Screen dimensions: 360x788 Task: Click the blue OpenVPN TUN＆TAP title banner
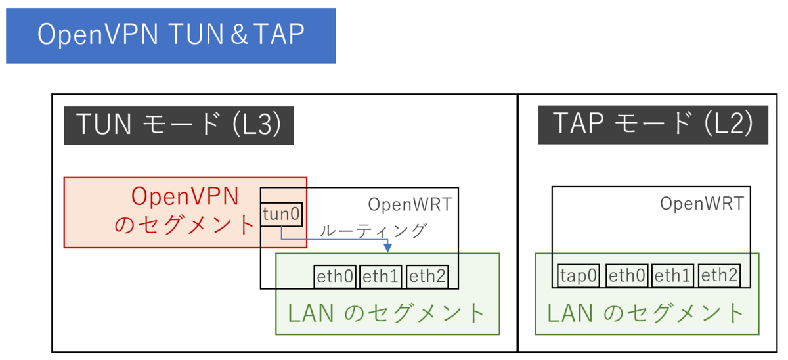(x=171, y=35)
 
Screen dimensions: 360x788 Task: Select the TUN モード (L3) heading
(x=179, y=125)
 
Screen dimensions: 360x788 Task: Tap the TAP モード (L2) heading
(x=653, y=125)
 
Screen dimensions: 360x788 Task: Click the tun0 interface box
(x=281, y=215)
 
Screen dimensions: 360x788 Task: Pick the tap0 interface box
(x=579, y=276)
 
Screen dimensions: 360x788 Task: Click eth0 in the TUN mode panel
(x=335, y=277)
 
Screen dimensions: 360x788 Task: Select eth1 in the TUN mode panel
(x=381, y=277)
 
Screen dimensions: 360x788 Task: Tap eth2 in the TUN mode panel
(x=427, y=277)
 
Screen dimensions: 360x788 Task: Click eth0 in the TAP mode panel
(x=627, y=276)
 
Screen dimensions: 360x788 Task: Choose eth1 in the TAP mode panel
(x=673, y=276)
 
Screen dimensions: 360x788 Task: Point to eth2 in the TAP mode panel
(x=719, y=276)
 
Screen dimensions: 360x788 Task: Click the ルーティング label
(x=373, y=231)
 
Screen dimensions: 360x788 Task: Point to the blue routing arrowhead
(x=387, y=248)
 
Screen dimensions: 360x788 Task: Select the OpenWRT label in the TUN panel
(x=410, y=204)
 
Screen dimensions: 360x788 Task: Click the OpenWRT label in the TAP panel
(x=702, y=204)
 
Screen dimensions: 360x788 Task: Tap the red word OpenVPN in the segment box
(x=185, y=196)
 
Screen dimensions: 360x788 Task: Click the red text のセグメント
(x=185, y=225)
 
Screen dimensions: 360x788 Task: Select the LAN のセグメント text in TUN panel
(x=387, y=313)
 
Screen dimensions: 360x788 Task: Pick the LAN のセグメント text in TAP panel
(x=646, y=313)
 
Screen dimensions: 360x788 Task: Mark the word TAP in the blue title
(x=276, y=35)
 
